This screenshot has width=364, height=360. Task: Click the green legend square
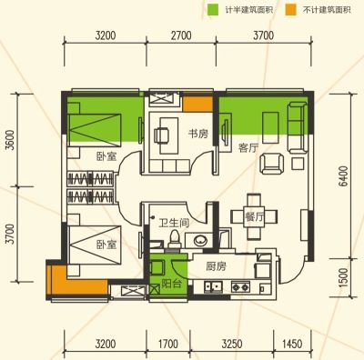coord(213,10)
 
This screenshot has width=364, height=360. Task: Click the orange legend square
coord(291,10)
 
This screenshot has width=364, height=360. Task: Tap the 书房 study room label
coord(198,134)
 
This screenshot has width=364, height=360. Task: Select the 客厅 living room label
coord(248,148)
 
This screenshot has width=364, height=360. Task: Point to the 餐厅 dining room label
coord(254,217)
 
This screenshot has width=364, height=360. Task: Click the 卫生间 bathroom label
coord(174,224)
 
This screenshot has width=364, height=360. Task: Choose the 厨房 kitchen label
coord(216,266)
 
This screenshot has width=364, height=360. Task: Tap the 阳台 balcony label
coord(171,284)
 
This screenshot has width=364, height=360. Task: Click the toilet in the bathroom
coord(174,239)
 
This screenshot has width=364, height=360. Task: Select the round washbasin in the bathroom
coord(199,241)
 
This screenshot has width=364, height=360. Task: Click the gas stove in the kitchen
coord(240,286)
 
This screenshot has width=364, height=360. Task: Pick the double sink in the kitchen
coord(213,286)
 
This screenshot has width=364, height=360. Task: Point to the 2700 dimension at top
coord(181,35)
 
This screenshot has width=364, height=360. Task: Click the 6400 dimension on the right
coord(344,176)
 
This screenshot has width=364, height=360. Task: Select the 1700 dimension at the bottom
coord(168,344)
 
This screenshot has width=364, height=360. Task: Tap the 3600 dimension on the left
coord(10,140)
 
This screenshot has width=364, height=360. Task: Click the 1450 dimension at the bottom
coord(292,344)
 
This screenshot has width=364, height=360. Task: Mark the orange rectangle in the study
coord(197,105)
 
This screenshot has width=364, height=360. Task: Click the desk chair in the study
coord(160,135)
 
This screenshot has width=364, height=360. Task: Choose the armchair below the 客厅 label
coord(272,164)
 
